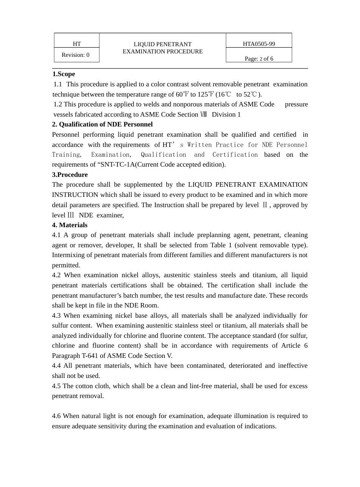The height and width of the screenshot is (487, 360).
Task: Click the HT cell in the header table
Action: [x=77, y=44]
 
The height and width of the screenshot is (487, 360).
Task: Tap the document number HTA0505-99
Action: [x=259, y=44]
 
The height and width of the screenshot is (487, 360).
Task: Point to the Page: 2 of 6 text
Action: [x=259, y=59]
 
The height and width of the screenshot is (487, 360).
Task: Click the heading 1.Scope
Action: [x=64, y=74]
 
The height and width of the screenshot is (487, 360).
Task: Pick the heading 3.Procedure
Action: [x=70, y=175]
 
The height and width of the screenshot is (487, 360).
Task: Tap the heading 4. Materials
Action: [x=70, y=225]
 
